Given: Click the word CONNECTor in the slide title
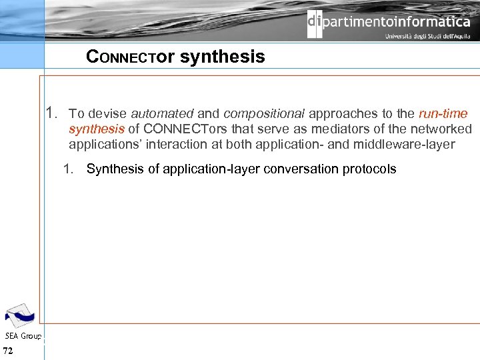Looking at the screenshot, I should pyautogui.click(x=130, y=57).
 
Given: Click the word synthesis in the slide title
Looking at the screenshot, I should pyautogui.click(x=222, y=57).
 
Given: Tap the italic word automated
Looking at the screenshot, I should pyautogui.click(x=162, y=114).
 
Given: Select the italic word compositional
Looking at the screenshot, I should pyautogui.click(x=264, y=114).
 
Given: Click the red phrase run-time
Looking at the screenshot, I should pyautogui.click(x=443, y=114).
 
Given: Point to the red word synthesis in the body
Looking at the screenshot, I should pyautogui.click(x=96, y=129).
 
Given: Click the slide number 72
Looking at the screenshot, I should pyautogui.click(x=8, y=351).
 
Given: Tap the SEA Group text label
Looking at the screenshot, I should pyautogui.click(x=23, y=336).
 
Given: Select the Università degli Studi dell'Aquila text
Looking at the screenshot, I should pyautogui.click(x=427, y=37).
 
